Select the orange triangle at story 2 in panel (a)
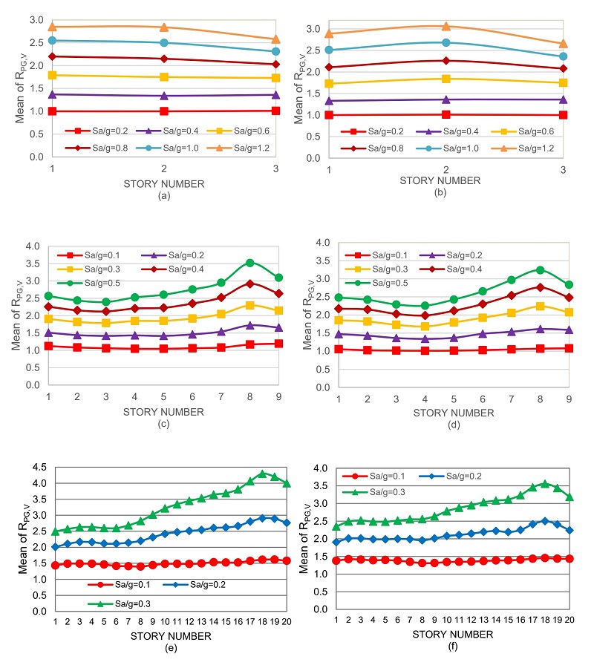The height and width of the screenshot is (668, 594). point(163,27)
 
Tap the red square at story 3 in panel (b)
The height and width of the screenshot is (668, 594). point(563,115)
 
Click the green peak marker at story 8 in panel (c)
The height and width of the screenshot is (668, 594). point(250,263)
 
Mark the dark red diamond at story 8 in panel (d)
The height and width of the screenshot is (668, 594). point(541,287)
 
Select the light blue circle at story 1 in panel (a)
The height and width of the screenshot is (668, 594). point(53,40)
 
